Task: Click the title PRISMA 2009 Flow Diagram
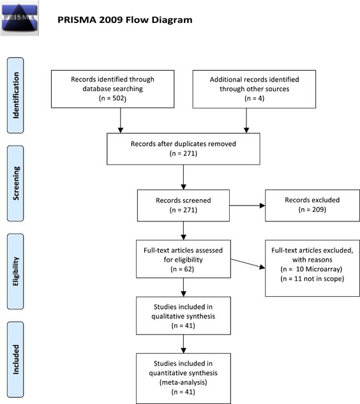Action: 125,20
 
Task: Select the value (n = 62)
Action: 183,269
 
